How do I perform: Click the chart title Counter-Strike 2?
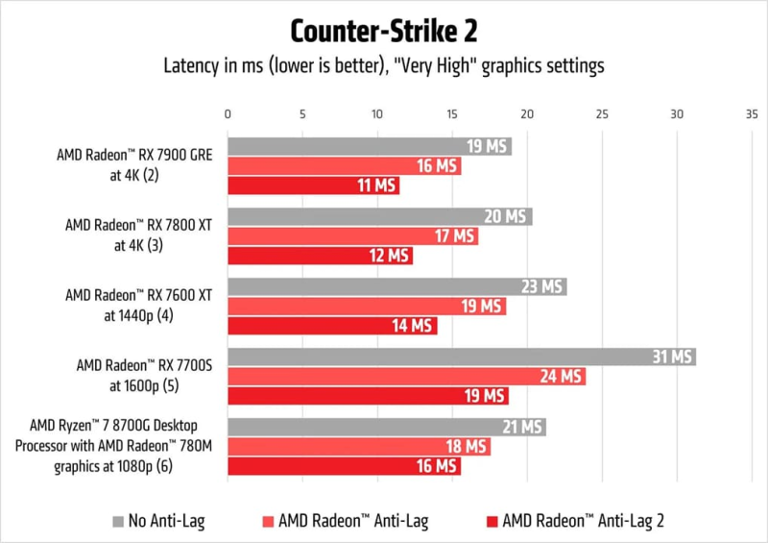[383, 31]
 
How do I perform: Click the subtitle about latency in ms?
[383, 66]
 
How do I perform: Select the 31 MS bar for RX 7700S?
[461, 357]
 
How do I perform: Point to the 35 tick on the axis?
[752, 113]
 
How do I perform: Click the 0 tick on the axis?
[228, 113]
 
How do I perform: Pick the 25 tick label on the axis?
[602, 113]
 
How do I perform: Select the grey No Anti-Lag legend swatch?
[118, 521]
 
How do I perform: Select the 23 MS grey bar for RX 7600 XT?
[396, 286]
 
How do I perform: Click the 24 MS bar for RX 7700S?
[406, 377]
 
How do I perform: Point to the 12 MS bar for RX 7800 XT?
[320, 256]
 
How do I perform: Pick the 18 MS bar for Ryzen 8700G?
[359, 447]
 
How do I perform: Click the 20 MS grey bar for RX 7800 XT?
[379, 216]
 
